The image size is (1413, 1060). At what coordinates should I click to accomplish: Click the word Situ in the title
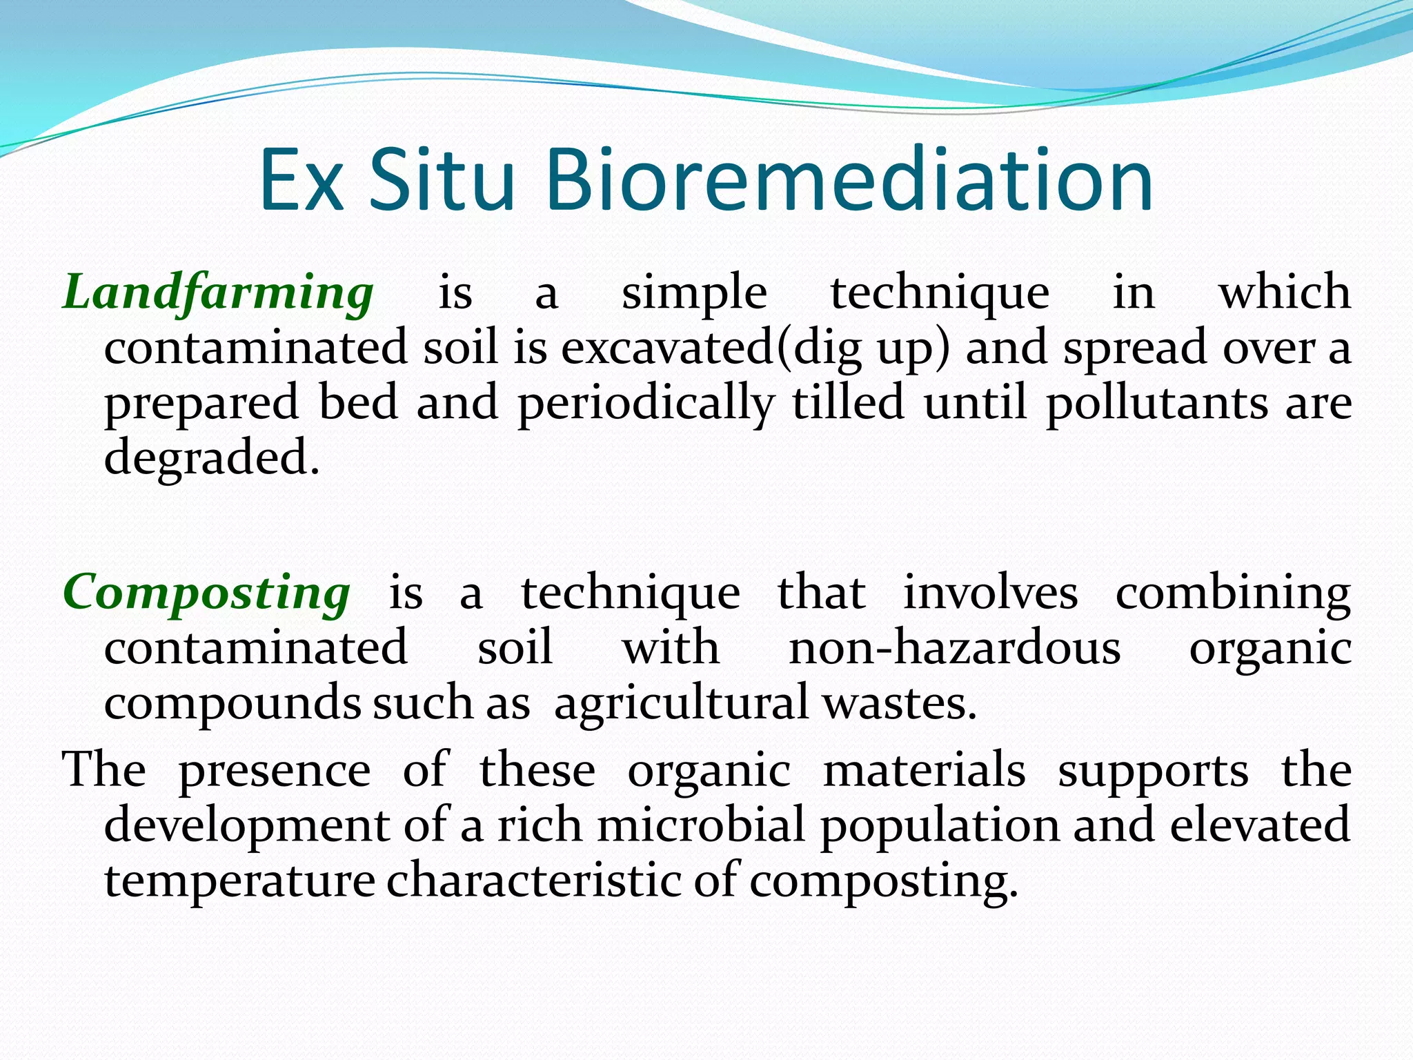coord(442,181)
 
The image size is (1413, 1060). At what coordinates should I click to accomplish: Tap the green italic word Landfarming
coord(218,293)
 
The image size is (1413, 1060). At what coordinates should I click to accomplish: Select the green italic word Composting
coord(207,593)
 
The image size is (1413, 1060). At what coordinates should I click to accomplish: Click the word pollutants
coord(1156,404)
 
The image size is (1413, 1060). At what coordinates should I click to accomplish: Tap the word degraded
coord(212,458)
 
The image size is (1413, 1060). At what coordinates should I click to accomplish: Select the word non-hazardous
coord(955,649)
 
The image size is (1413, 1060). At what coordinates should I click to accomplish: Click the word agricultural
coord(681,704)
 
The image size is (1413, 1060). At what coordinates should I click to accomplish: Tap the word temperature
coord(239,882)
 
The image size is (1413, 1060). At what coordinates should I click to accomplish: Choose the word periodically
coord(646,404)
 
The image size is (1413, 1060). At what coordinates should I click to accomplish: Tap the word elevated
coord(1260,825)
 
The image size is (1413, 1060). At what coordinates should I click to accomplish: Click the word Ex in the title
coord(302,181)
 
